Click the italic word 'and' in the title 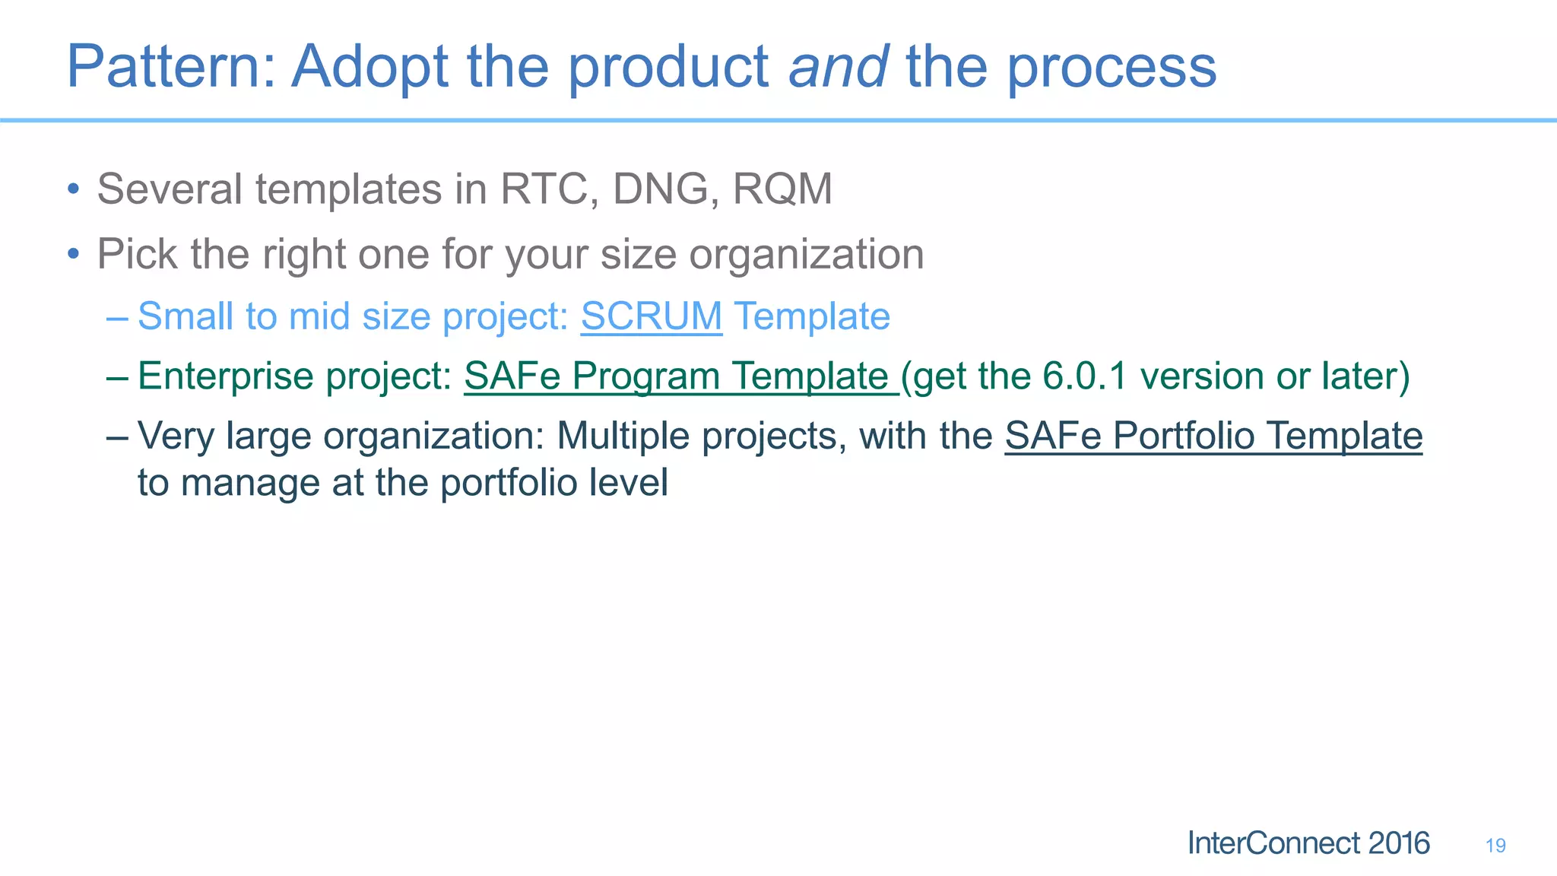(838, 67)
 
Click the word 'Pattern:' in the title (172, 67)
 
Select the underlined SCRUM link (652, 316)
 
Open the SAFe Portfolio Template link (1213, 436)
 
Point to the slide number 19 (1495, 846)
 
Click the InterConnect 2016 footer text (1308, 843)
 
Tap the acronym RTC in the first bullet (543, 189)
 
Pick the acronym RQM (782, 189)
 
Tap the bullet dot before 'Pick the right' (73, 254)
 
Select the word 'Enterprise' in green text (226, 377)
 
